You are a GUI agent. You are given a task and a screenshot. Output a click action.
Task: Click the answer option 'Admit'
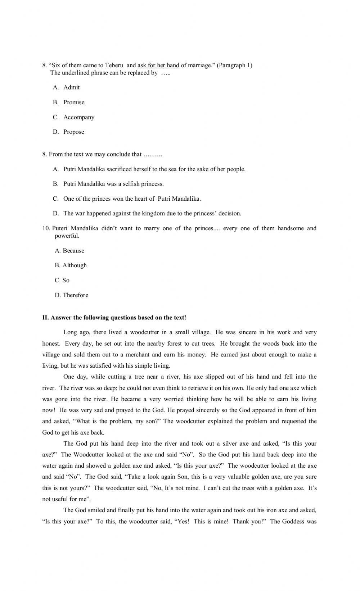click(71, 87)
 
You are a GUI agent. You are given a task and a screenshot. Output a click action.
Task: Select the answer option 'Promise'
click(74, 102)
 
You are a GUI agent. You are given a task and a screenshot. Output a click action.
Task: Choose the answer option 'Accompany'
click(78, 117)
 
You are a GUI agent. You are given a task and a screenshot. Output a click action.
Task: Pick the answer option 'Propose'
click(73, 132)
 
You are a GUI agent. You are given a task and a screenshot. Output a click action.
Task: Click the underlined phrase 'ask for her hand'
click(158, 65)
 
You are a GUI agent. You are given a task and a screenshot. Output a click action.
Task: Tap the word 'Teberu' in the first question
click(114, 65)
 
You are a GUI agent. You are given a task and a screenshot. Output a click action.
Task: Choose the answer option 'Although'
click(75, 265)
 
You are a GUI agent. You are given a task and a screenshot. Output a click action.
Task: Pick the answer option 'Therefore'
click(75, 295)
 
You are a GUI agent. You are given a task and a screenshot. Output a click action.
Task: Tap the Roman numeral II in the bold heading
click(45, 318)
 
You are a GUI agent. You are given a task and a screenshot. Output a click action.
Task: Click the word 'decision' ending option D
click(229, 214)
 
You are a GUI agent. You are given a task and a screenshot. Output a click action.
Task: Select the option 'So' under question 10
click(66, 280)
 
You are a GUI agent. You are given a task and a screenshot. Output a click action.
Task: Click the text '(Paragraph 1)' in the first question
click(234, 65)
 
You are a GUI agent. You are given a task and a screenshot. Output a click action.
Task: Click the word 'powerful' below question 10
click(67, 236)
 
